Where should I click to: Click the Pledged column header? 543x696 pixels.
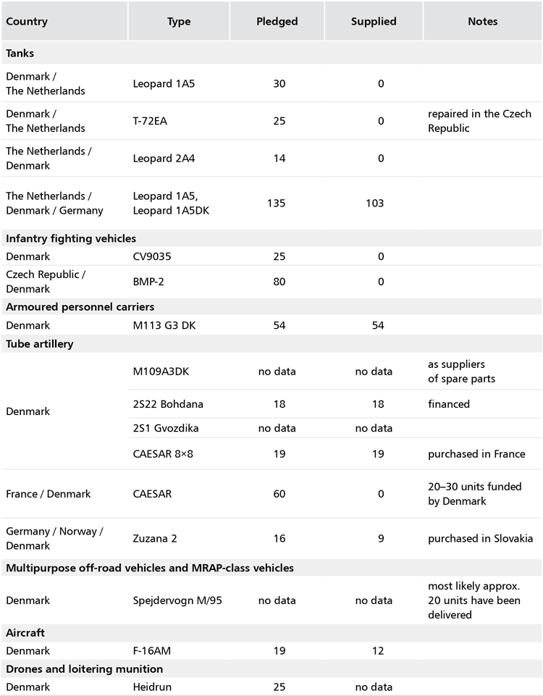click(277, 22)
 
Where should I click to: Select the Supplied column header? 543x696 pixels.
click(374, 22)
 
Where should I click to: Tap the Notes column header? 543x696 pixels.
click(482, 22)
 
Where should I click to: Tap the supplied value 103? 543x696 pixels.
click(380, 203)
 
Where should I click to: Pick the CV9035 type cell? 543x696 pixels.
click(153, 256)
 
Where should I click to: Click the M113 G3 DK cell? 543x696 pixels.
click(164, 324)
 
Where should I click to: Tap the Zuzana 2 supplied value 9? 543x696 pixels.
click(380, 538)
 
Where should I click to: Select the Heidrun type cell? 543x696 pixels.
click(152, 687)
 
